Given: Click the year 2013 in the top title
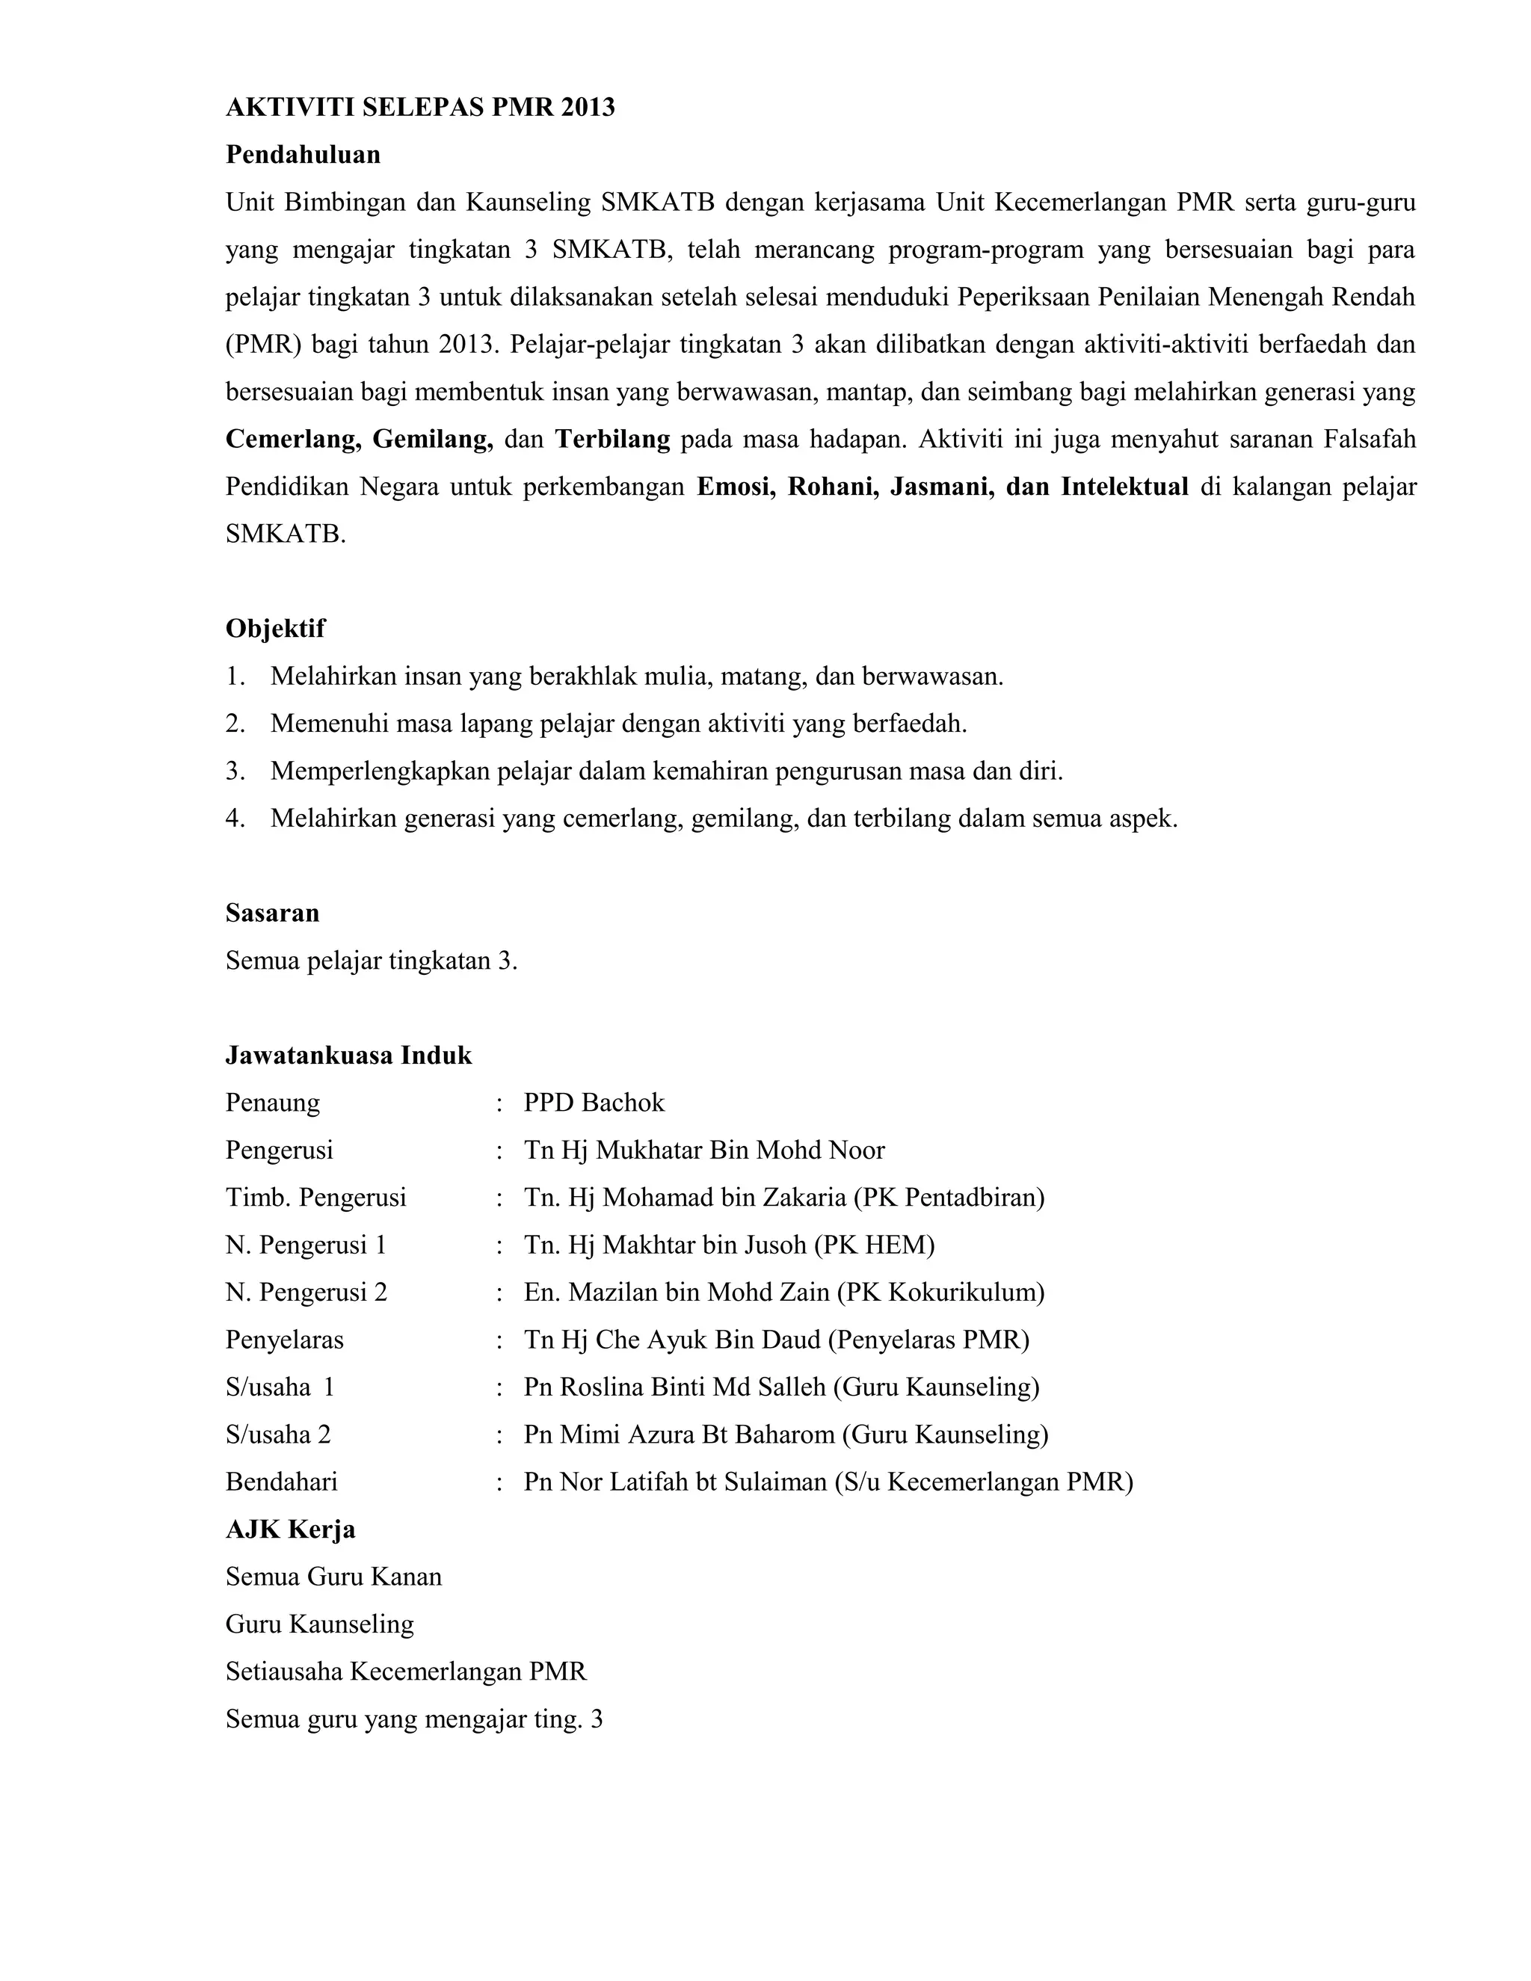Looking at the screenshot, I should click(587, 108).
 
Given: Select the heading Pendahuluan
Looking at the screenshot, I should click(303, 155).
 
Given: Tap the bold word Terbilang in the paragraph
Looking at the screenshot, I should click(612, 440).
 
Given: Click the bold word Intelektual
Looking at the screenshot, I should click(1124, 487).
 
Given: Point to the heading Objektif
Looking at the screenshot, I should click(275, 629).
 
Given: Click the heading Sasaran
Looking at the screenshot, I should click(272, 913).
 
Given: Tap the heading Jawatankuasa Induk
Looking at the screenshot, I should click(348, 1055).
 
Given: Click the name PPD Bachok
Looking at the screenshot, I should click(594, 1103).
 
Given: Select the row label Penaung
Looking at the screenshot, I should click(273, 1103).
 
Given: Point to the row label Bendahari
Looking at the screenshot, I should click(281, 1482).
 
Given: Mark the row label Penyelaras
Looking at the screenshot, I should click(285, 1340).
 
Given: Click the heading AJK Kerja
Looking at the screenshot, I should click(290, 1530).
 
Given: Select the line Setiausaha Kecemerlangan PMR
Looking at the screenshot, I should click(405, 1672).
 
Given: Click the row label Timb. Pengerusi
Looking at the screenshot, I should click(315, 1198).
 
